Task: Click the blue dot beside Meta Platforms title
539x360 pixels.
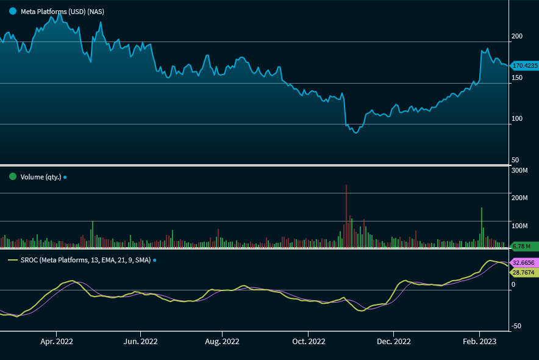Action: coord(12,12)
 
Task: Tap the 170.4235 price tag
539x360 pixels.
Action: coord(524,65)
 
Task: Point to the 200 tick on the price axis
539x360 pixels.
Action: coord(517,37)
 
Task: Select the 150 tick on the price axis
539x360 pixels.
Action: coord(517,77)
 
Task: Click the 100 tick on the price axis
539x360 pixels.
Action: coord(517,118)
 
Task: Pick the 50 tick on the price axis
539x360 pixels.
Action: coord(515,159)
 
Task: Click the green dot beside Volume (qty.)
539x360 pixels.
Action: coord(12,177)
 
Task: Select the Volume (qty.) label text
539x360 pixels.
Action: coord(40,177)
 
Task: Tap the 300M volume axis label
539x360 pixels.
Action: coord(519,170)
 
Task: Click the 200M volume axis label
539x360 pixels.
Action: coord(519,198)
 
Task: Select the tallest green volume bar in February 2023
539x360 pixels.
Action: coord(482,228)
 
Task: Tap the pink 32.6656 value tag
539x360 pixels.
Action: coord(523,262)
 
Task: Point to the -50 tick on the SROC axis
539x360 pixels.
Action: coord(516,326)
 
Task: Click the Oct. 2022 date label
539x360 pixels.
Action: coord(309,341)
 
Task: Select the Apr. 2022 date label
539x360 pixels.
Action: coord(57,341)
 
